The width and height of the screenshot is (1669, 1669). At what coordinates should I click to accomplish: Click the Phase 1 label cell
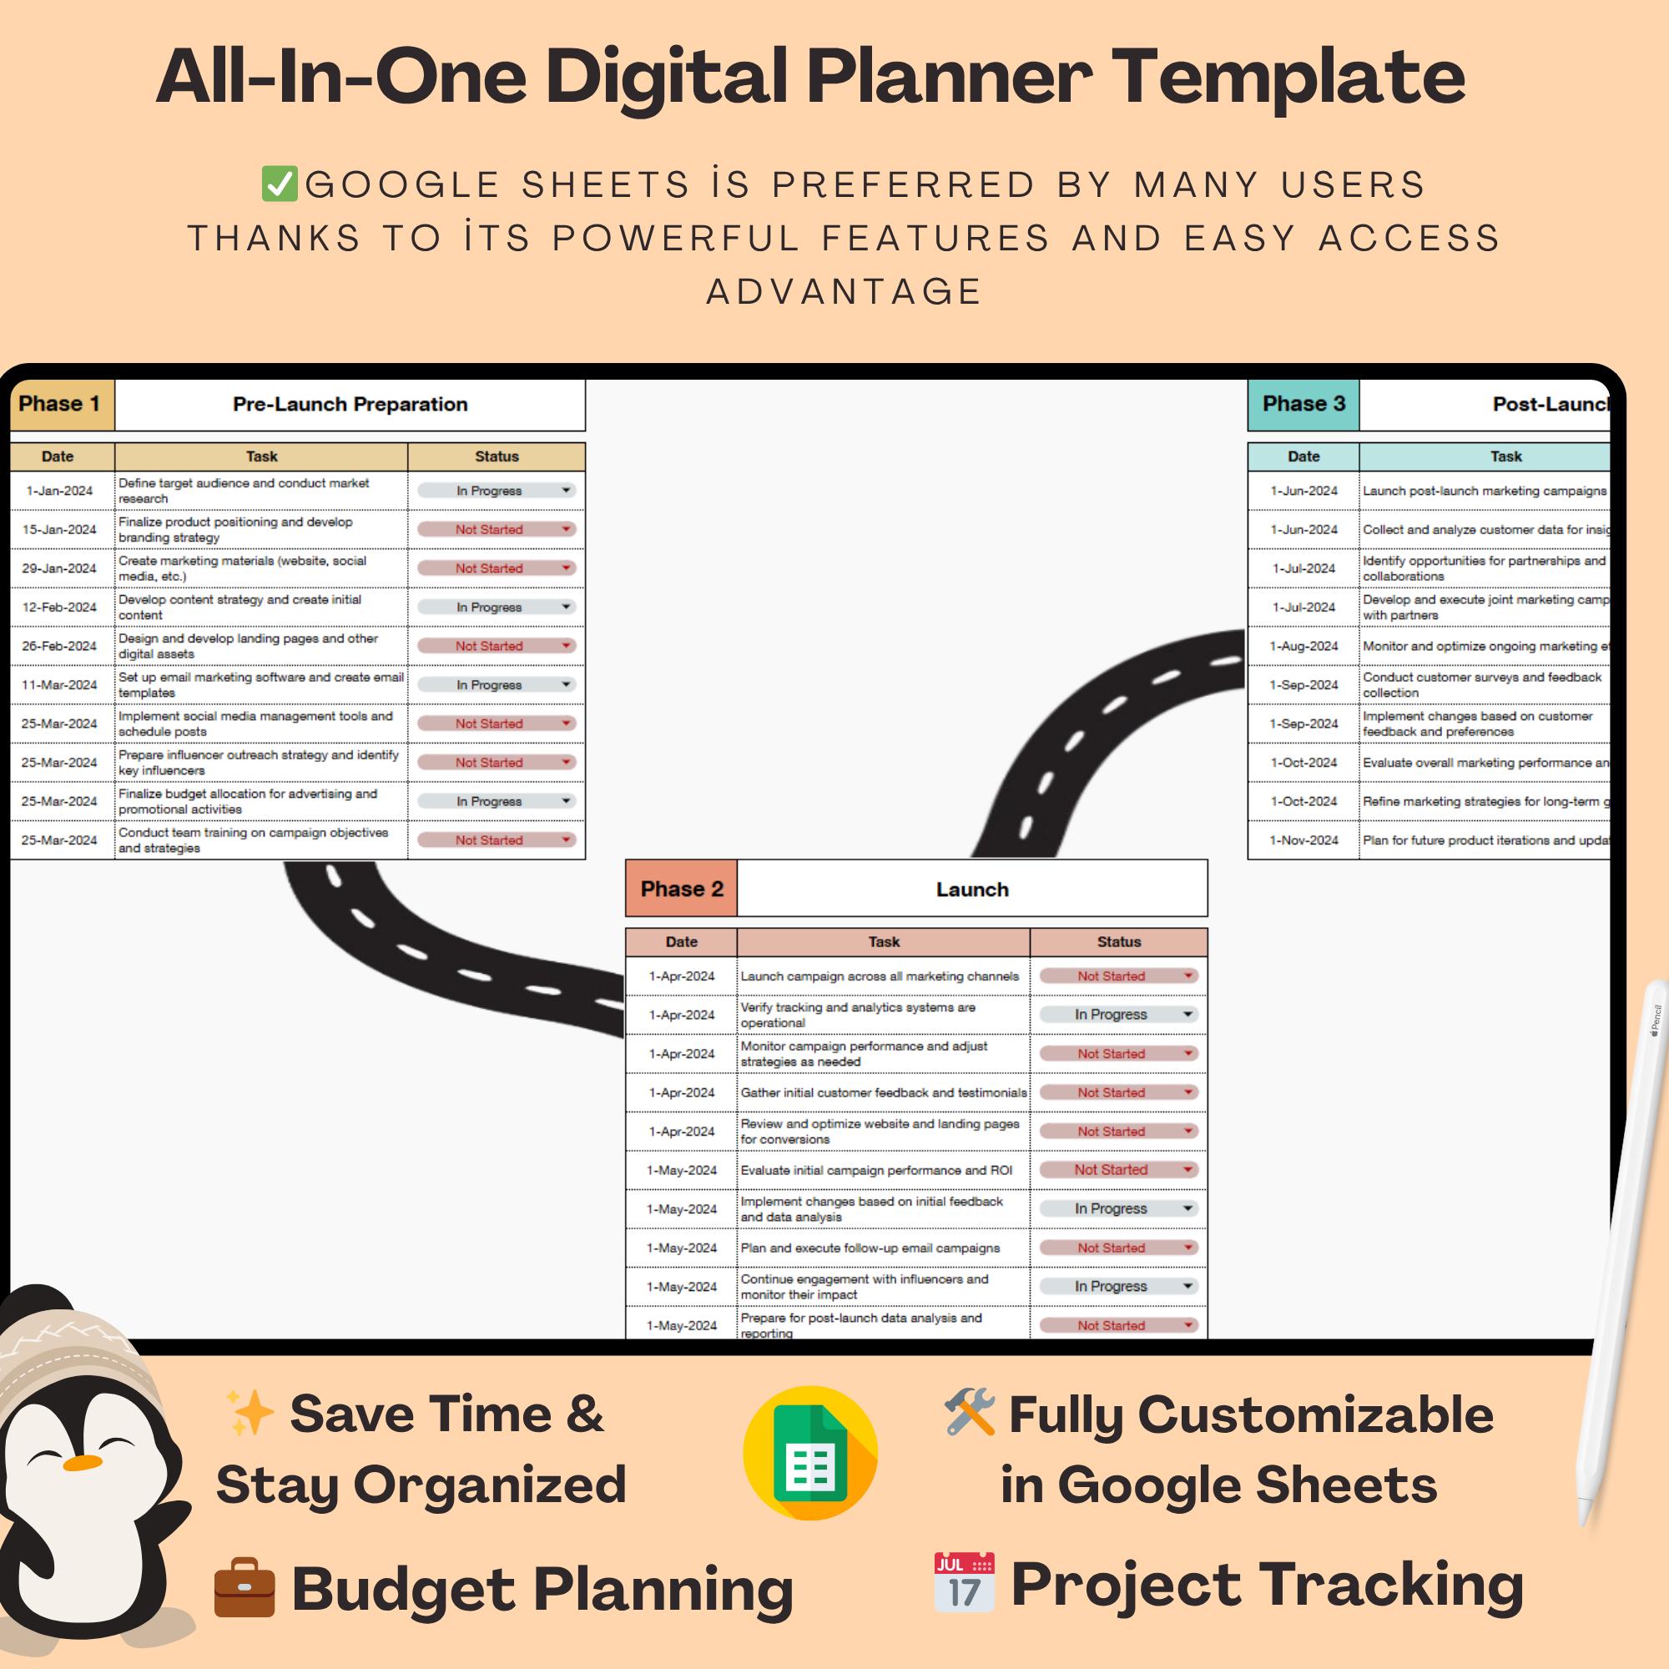pos(60,404)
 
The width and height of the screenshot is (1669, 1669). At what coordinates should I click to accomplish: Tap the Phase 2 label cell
pos(681,889)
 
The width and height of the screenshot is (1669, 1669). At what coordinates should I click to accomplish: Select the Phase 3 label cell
pos(1303,404)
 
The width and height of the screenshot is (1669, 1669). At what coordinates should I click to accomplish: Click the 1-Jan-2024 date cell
pos(59,491)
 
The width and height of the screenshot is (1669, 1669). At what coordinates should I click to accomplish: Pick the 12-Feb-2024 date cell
pos(59,608)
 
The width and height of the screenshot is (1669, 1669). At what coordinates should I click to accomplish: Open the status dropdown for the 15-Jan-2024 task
pos(495,530)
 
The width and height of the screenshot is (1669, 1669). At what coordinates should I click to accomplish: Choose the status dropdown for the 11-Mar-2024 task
pos(495,685)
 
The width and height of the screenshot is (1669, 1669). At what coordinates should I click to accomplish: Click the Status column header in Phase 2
pos(1119,941)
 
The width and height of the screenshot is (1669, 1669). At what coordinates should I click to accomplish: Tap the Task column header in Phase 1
pos(261,456)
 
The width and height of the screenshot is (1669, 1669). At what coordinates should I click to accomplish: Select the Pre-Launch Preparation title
pos(350,404)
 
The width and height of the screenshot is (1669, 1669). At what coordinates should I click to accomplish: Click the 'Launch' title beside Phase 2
pos(972,889)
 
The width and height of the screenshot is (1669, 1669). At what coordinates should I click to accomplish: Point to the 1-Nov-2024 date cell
pos(1303,840)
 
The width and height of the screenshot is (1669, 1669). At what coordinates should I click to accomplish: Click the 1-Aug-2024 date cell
pos(1303,646)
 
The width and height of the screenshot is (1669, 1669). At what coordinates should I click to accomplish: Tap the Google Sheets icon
pos(809,1453)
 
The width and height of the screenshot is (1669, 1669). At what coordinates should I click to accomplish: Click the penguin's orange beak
pos(83,1463)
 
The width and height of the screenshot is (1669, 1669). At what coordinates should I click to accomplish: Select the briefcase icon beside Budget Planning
pos(245,1587)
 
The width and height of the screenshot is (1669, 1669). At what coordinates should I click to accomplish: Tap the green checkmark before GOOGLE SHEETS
pos(279,184)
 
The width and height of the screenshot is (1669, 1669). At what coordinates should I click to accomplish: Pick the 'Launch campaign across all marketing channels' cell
pos(880,976)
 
